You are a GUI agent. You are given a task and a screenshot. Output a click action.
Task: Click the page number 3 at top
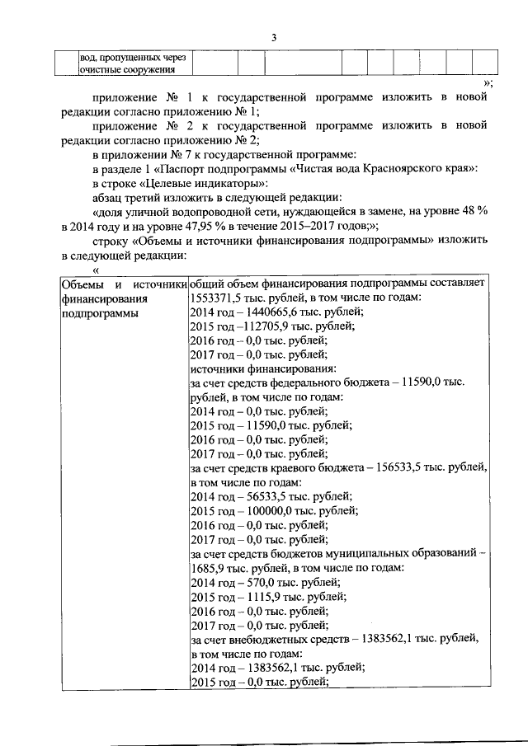[274, 38]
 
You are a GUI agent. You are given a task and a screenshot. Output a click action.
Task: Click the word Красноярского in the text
[401, 167]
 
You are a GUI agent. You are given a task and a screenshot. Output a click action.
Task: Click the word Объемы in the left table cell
[80, 283]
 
